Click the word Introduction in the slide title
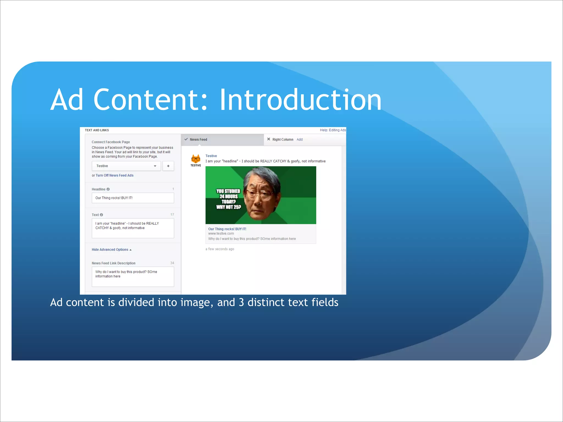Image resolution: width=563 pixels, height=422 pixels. [x=300, y=100]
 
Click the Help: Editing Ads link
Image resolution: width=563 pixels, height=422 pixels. [x=333, y=130]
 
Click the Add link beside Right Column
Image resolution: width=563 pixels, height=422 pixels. [x=299, y=140]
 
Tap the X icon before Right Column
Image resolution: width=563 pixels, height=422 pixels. [x=269, y=139]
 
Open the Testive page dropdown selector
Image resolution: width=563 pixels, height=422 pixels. [x=126, y=166]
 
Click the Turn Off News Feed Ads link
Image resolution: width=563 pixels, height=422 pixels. [x=114, y=175]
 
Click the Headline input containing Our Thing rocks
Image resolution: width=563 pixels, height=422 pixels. [x=133, y=198]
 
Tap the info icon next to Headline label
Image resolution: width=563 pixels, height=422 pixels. [x=108, y=189]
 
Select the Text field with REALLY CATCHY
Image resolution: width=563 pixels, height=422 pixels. [x=133, y=228]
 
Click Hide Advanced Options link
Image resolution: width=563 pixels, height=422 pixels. [x=110, y=249]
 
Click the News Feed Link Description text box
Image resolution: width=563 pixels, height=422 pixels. [x=133, y=277]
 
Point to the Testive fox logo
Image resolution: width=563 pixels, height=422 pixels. [x=196, y=159]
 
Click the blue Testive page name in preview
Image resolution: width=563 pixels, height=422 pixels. [x=211, y=156]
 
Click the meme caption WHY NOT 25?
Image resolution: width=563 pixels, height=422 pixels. [x=228, y=207]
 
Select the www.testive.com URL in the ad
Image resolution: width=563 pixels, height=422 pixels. [x=221, y=234]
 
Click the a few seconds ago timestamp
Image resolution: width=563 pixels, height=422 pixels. [x=220, y=249]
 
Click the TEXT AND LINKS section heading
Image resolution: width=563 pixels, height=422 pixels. [x=97, y=130]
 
